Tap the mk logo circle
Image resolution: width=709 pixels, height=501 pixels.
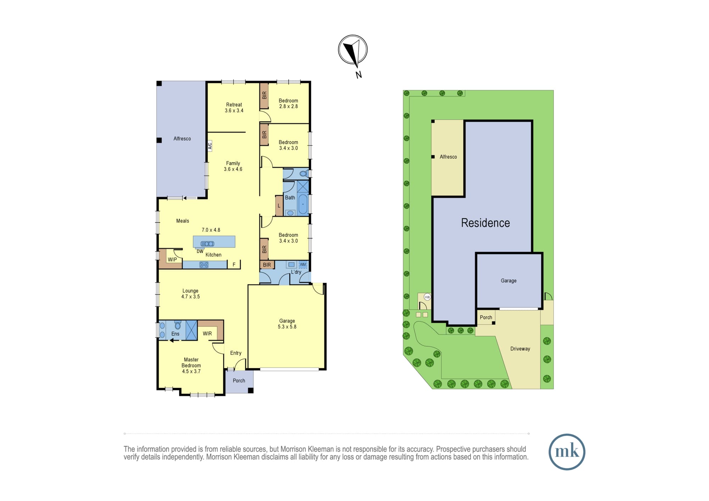click(567, 452)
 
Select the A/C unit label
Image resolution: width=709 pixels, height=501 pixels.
click(210, 146)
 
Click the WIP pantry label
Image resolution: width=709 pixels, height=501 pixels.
click(172, 260)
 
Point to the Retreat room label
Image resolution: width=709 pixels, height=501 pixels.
click(234, 105)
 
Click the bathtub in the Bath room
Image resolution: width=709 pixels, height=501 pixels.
click(303, 204)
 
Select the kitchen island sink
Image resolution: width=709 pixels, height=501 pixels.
click(207, 244)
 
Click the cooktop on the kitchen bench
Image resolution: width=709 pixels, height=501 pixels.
click(204, 265)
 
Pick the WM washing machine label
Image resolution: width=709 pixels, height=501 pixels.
click(303, 265)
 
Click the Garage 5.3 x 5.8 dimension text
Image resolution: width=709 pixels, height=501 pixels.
click(287, 327)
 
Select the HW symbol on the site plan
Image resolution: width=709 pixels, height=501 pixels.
click(427, 297)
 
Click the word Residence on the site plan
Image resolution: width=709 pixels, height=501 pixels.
click(485, 223)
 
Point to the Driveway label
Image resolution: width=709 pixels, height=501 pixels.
click(520, 349)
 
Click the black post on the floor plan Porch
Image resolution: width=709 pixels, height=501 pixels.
click(251, 390)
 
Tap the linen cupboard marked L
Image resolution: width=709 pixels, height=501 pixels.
click(279, 206)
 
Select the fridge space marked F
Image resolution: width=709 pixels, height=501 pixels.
click(234, 264)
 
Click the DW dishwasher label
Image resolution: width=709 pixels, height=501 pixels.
click(200, 252)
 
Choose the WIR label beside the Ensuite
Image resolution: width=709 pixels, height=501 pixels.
click(207, 333)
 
